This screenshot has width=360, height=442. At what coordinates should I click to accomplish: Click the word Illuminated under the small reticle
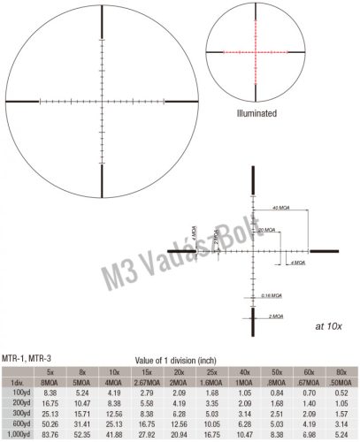click(x=257, y=114)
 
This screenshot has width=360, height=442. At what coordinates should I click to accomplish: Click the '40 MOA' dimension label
click(x=281, y=208)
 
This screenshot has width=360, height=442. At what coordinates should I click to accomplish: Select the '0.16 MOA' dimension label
click(x=272, y=294)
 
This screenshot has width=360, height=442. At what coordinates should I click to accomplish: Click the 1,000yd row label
click(x=19, y=434)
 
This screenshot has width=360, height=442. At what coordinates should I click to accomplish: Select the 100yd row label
click(x=19, y=390)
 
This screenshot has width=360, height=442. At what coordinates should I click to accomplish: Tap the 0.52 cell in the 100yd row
click(x=341, y=390)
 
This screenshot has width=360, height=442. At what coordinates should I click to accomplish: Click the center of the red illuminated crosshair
click(x=257, y=51)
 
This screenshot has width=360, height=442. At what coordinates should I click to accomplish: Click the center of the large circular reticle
click(x=104, y=98)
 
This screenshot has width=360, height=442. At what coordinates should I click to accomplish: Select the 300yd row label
click(x=19, y=412)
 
